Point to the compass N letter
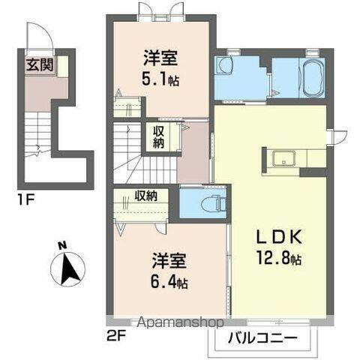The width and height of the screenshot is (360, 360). pos(62,245)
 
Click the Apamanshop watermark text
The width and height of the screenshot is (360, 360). pos(178,323)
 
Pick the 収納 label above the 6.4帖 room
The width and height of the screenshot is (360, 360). pos(145,196)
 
